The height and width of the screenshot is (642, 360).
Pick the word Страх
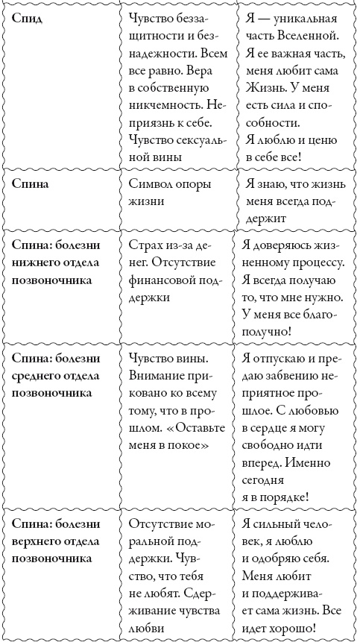coord(147,245)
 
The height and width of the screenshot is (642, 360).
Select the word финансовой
coord(164,281)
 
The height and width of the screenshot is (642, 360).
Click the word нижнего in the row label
coord(38,263)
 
